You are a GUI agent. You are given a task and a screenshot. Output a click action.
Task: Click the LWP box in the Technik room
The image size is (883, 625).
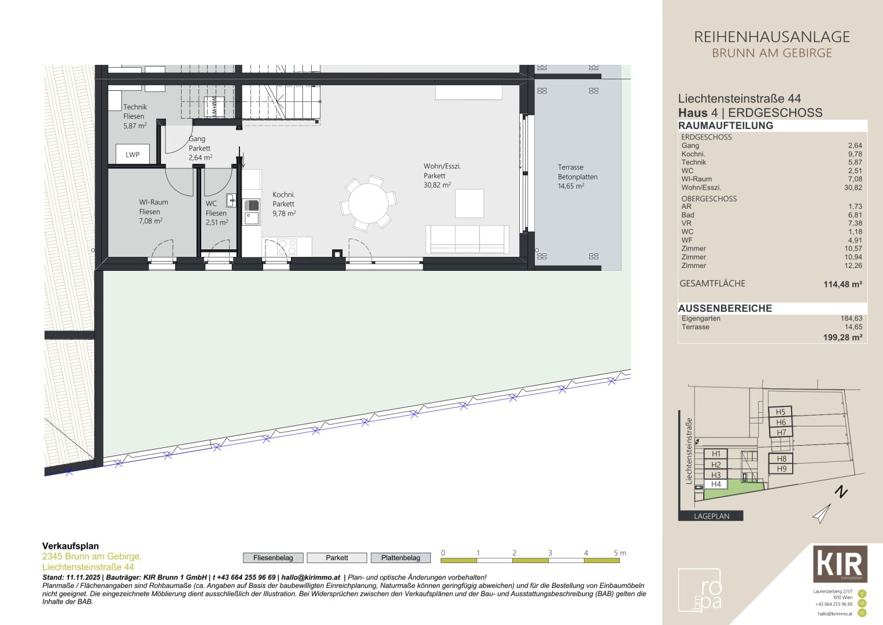(132, 155)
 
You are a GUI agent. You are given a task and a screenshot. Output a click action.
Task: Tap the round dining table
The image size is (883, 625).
(368, 203)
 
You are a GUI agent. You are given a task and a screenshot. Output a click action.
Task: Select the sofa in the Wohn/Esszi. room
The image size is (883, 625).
(467, 240)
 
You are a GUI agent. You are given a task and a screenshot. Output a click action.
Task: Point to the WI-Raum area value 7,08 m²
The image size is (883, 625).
(150, 221)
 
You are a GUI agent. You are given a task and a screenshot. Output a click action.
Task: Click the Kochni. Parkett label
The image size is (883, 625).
(284, 200)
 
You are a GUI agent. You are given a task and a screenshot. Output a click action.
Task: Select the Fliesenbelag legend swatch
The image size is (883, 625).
(273, 558)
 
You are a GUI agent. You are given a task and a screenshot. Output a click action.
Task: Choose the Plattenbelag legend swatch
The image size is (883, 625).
(401, 558)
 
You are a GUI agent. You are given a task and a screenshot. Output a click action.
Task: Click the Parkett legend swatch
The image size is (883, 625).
(337, 558)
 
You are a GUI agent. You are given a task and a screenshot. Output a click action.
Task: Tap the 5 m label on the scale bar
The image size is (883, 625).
(620, 553)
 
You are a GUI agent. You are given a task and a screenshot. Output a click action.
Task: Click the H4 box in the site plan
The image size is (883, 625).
(716, 484)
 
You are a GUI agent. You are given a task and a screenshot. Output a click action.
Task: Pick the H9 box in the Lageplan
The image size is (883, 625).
(781, 469)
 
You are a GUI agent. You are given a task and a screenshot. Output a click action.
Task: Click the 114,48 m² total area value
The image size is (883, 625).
(843, 284)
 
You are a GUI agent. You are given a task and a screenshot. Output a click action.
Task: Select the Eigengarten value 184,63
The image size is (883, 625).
(851, 318)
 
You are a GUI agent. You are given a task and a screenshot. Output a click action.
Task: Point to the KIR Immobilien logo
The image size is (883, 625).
(840, 563)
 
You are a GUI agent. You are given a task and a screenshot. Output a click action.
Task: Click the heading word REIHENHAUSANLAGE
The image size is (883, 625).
(772, 37)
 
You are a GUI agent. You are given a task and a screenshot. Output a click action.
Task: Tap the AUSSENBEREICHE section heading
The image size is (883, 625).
(725, 308)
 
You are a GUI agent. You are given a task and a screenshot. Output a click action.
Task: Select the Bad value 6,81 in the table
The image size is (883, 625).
(854, 215)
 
